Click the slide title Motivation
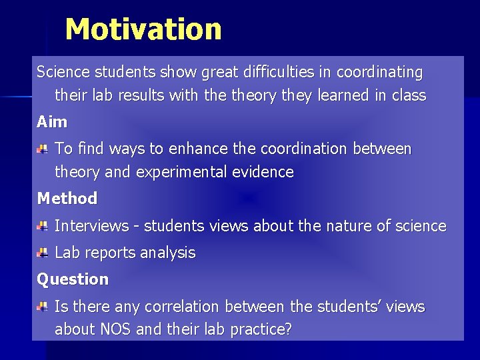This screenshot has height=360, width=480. pos(143,29)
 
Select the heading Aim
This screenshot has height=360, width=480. pos(52,122)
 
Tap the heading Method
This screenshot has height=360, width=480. pos(67,198)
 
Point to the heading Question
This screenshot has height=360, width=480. pos(73,279)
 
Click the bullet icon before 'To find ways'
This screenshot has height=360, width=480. pos(42,148)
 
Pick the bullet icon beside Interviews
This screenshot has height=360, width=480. pos(42,227)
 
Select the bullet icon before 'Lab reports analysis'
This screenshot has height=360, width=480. pos(42,253)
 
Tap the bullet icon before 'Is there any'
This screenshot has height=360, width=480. pos(42,307)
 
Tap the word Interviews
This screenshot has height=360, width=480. pos(91,226)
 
